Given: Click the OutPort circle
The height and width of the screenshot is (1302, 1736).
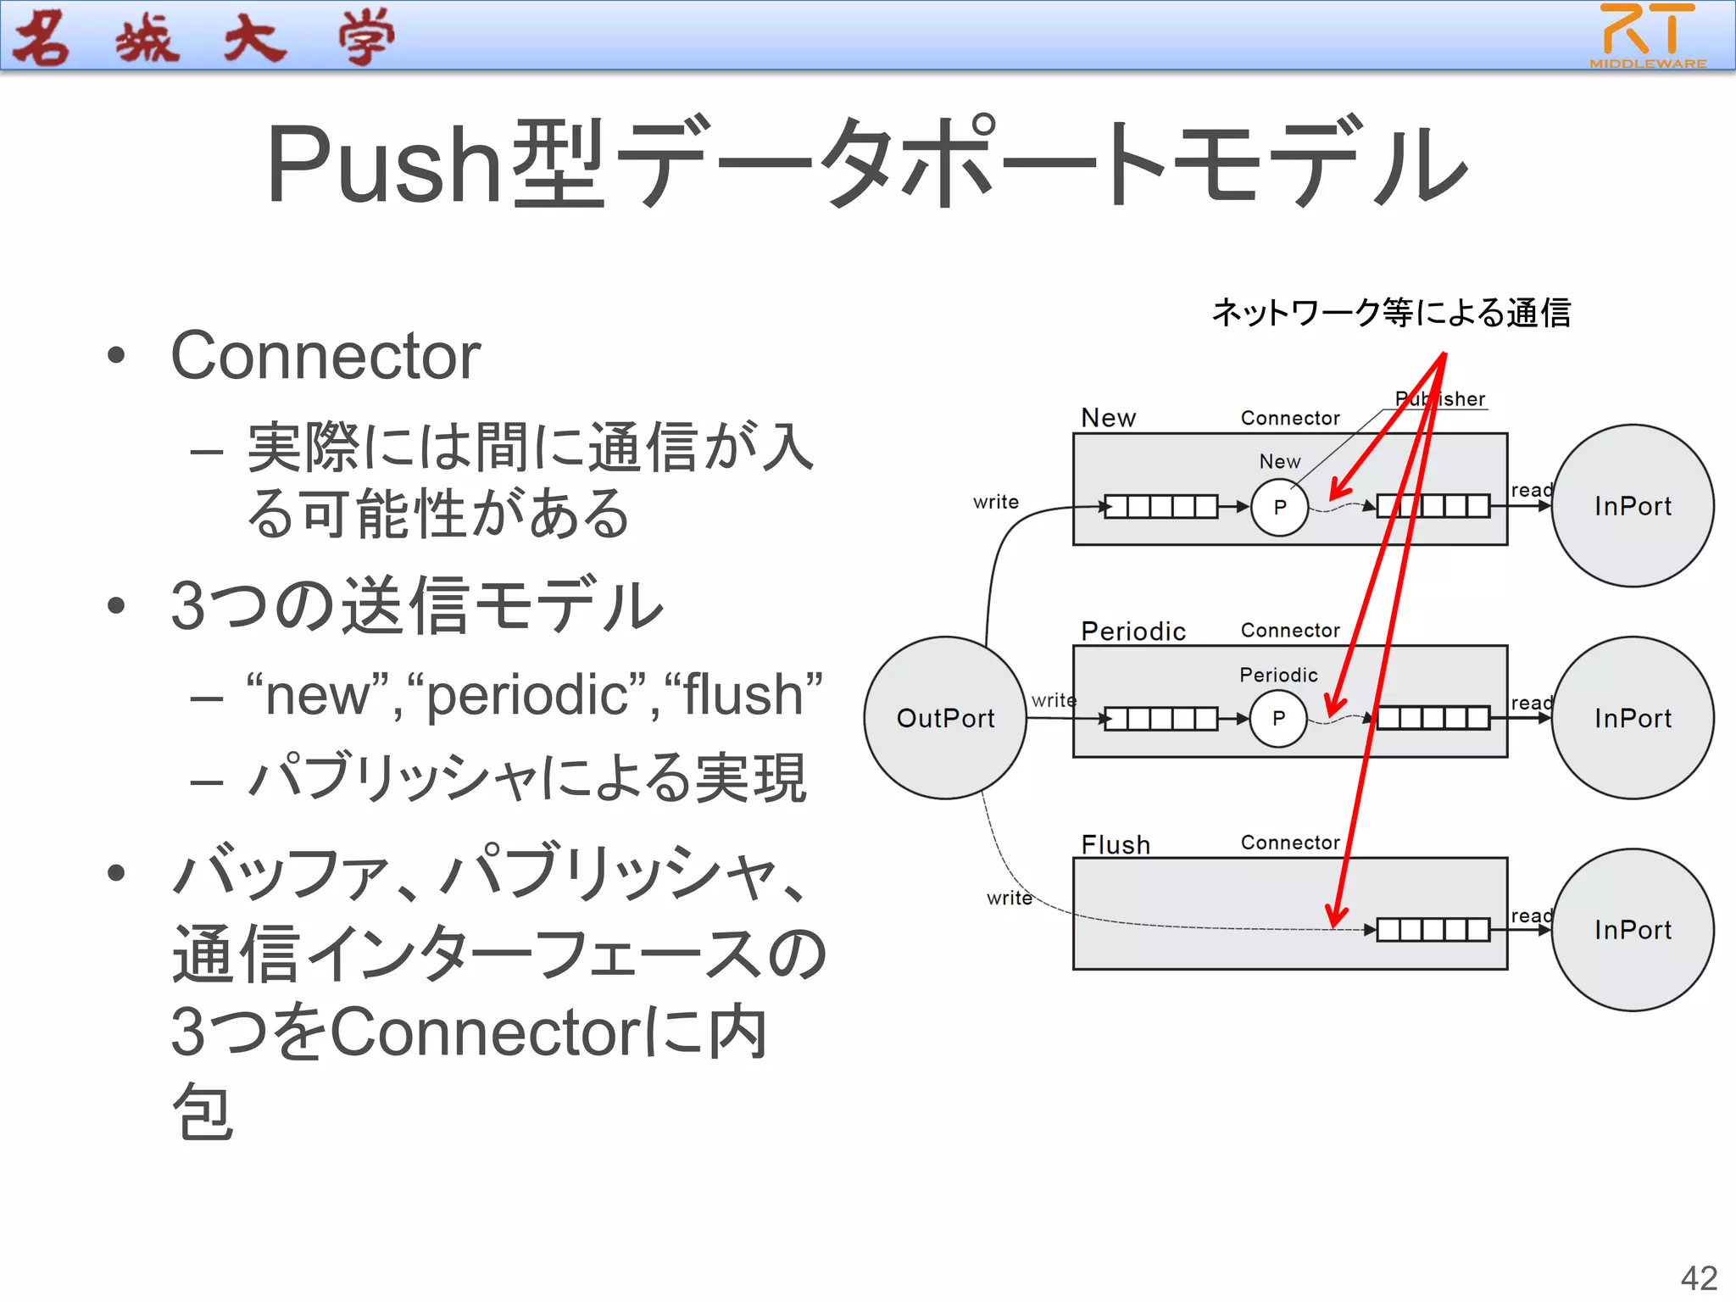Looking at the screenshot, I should (945, 718).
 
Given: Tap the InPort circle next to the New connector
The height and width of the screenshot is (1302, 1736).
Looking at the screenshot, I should (1632, 506).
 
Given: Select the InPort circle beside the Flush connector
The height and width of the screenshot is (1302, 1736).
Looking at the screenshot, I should (1632, 930).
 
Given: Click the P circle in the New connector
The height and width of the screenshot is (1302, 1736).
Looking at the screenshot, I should (1279, 507).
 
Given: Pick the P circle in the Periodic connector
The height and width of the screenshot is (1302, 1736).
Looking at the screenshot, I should (1278, 718).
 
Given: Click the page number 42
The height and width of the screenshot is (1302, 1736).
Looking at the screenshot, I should (1698, 1278).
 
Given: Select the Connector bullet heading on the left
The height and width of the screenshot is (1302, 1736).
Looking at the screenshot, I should (325, 356).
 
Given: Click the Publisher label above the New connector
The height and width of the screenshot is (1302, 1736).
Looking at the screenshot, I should (1440, 398).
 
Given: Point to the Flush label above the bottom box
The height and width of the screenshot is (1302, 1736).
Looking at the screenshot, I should (1116, 844).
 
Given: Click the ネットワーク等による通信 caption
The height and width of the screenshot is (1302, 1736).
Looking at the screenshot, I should (1391, 313).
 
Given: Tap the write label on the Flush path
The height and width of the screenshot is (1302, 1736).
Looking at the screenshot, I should (1009, 898).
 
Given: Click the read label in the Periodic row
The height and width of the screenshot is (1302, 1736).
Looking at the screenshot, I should (1531, 703).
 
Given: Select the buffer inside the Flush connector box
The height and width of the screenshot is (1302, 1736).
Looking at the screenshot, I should (1433, 930).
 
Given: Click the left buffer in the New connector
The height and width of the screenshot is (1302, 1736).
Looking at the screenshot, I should (1160, 507).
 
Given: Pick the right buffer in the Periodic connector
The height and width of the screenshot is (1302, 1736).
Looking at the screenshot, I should (1433, 718).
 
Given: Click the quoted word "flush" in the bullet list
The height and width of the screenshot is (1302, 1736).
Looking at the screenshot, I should (743, 695).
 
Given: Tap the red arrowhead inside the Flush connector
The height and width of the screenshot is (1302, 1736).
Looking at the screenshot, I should (1336, 916).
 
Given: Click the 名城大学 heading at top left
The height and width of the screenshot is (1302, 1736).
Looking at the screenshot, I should (203, 38).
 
